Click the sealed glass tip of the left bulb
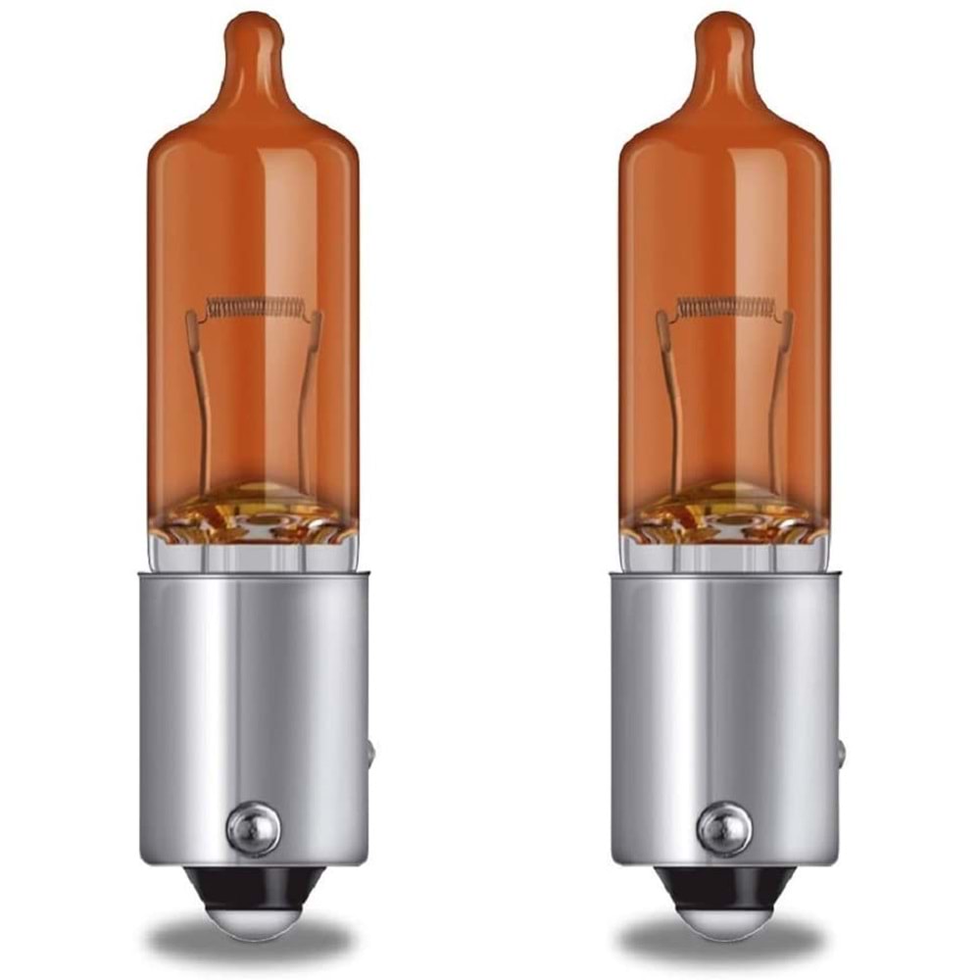tap(252, 39)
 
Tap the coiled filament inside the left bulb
tap(254, 306)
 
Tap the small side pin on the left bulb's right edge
tap(369, 755)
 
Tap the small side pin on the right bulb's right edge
tap(841, 755)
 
